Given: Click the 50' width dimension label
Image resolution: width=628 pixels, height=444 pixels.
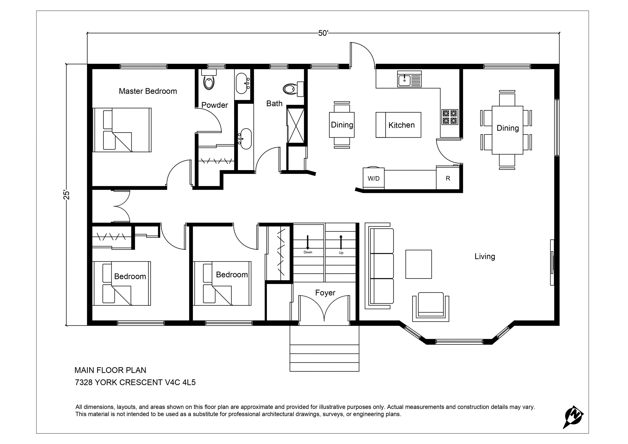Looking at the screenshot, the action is [323, 33].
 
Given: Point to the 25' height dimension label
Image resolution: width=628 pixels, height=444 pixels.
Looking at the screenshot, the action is [67, 194].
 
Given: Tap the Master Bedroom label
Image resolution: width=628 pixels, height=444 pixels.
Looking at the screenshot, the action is [148, 91].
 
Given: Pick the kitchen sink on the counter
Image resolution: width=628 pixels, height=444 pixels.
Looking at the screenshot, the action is [409, 79].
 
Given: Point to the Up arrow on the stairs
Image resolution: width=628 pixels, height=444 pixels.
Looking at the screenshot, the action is [341, 242].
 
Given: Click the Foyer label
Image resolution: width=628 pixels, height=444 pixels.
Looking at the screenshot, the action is [325, 293].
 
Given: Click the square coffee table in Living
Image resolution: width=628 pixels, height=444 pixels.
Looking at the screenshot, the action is [418, 264].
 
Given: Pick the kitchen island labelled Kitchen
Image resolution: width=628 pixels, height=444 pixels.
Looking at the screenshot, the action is [398, 125].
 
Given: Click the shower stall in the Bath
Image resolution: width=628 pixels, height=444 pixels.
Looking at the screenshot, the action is [296, 125].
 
